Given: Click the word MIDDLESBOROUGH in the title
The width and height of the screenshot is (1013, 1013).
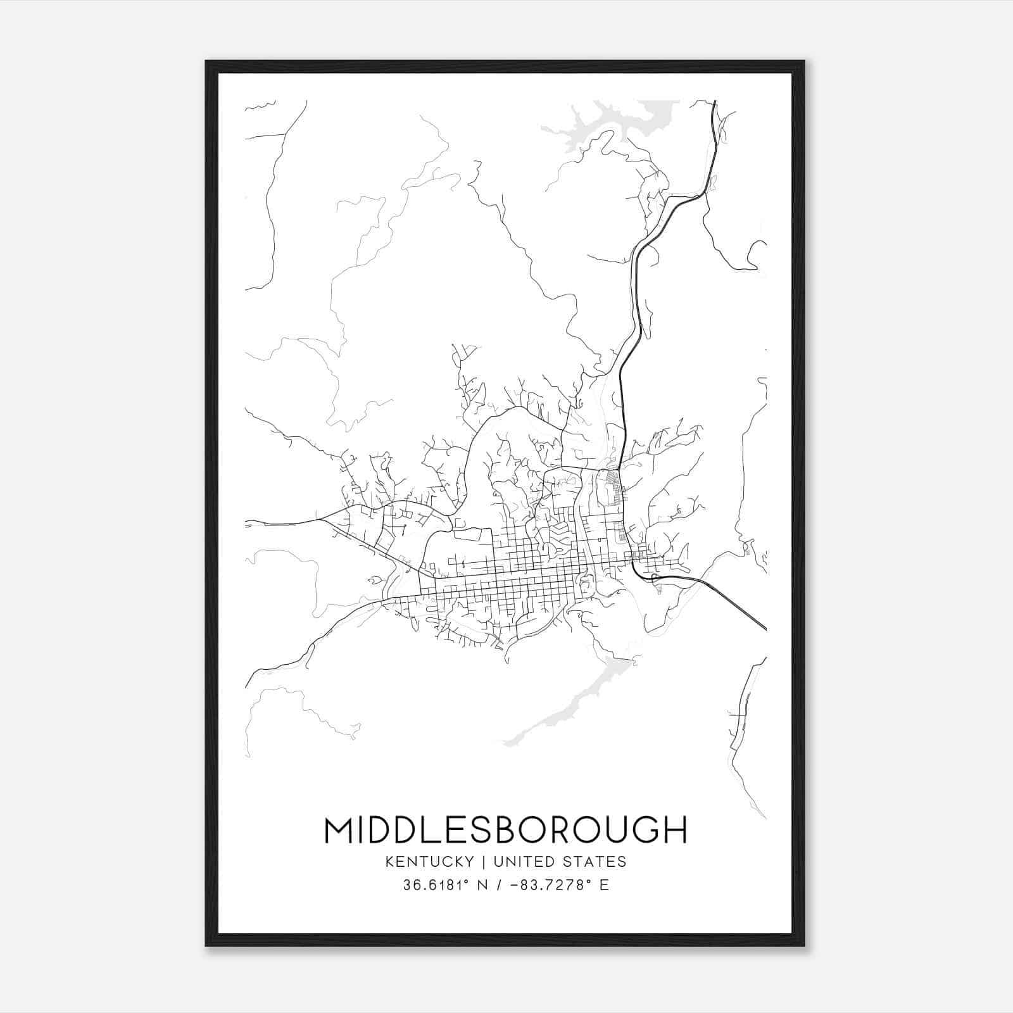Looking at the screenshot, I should pos(505,830).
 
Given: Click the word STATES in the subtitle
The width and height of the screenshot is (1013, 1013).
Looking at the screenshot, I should pos(595,862).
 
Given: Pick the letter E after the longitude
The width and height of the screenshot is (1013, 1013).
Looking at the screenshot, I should pos(604,885).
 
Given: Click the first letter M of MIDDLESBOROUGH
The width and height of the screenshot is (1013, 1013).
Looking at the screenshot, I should pos(339,830).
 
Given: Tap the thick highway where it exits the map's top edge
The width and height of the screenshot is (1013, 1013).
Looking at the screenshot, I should pos(715,103).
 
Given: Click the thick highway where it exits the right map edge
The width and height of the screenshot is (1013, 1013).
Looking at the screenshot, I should pos(764,627).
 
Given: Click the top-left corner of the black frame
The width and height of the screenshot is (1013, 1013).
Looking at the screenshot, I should pos(207,62).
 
